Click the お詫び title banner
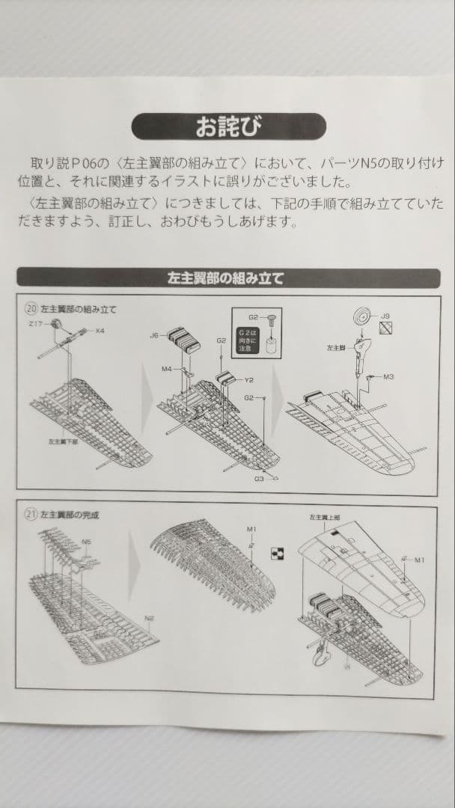tap(228, 126)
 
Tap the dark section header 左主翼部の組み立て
tap(228, 278)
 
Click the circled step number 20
tap(31, 308)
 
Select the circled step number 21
tap(31, 515)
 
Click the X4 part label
tap(100, 330)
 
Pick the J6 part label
tap(154, 335)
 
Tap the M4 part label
tap(167, 369)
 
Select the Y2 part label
tap(248, 380)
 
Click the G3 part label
tap(259, 477)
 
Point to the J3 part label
tap(385, 316)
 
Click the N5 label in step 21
tap(87, 541)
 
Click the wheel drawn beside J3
tap(361, 317)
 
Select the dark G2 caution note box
tap(247, 338)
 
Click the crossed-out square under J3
tap(385, 328)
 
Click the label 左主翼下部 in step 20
tap(64, 442)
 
